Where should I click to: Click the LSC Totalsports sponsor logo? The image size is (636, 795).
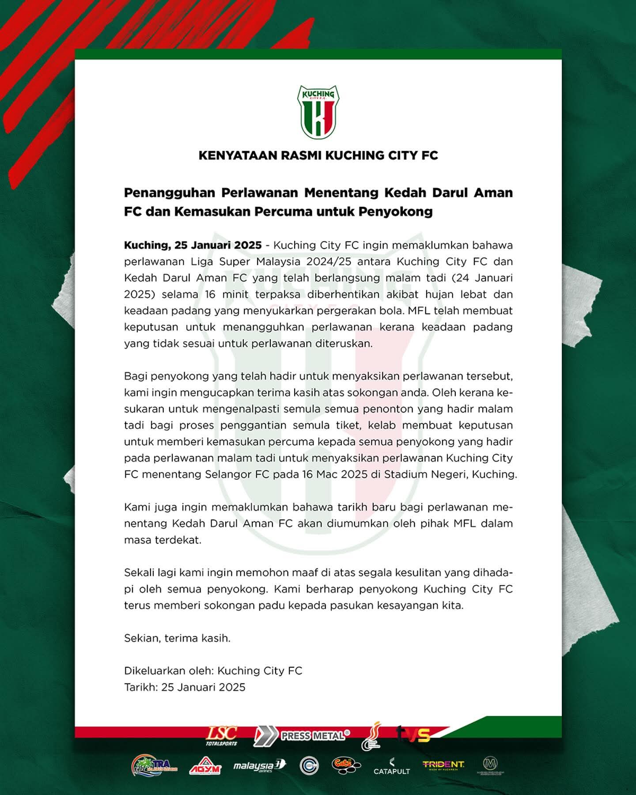pyautogui.click(x=222, y=736)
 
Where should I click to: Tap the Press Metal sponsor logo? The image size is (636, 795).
pyautogui.click(x=302, y=736)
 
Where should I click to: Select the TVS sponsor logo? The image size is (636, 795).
pyautogui.click(x=413, y=735)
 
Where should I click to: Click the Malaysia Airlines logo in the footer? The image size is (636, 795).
pyautogui.click(x=259, y=765)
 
